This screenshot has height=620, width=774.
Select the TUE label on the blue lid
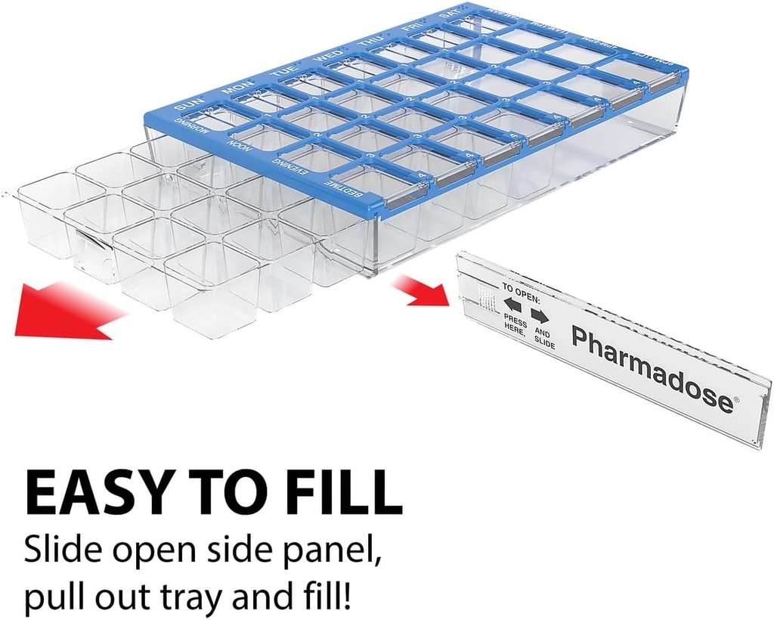281,72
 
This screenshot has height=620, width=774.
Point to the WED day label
329,56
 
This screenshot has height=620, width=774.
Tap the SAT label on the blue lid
451,15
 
